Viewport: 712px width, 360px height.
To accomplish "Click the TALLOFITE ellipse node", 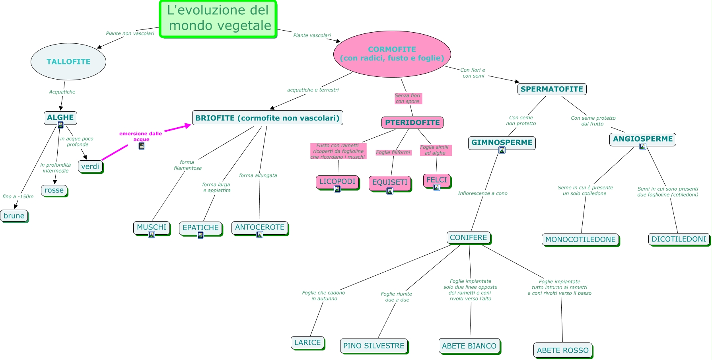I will [x=68, y=62].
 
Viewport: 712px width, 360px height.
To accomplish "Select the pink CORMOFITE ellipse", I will [x=392, y=54].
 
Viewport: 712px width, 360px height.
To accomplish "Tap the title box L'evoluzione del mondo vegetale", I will [x=218, y=18].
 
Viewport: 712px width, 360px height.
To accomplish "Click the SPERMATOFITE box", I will [x=552, y=89].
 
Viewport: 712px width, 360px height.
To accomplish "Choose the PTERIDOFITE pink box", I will [x=412, y=123].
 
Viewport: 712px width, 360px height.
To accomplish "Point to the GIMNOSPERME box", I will [x=502, y=142].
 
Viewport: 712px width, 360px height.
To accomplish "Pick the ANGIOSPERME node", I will [x=642, y=139].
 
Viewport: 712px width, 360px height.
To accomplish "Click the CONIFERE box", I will [x=468, y=237].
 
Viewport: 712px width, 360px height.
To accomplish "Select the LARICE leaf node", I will [x=307, y=342].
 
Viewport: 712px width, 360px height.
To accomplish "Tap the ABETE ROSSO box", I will [x=562, y=350].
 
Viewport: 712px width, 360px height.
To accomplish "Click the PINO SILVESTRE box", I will [x=374, y=346].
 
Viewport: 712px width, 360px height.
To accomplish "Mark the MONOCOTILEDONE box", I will [x=580, y=239].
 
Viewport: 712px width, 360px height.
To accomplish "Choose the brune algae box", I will [x=14, y=216].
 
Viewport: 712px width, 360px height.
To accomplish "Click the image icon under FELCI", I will [x=437, y=187].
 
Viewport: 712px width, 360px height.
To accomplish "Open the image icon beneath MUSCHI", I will [x=152, y=235].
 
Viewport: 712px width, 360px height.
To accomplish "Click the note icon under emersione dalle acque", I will [x=142, y=146].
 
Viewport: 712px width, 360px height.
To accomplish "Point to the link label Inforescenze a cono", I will [x=482, y=193].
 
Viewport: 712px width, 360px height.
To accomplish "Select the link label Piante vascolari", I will [x=312, y=35].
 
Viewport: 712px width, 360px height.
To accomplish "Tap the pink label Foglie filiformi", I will [x=393, y=152].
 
